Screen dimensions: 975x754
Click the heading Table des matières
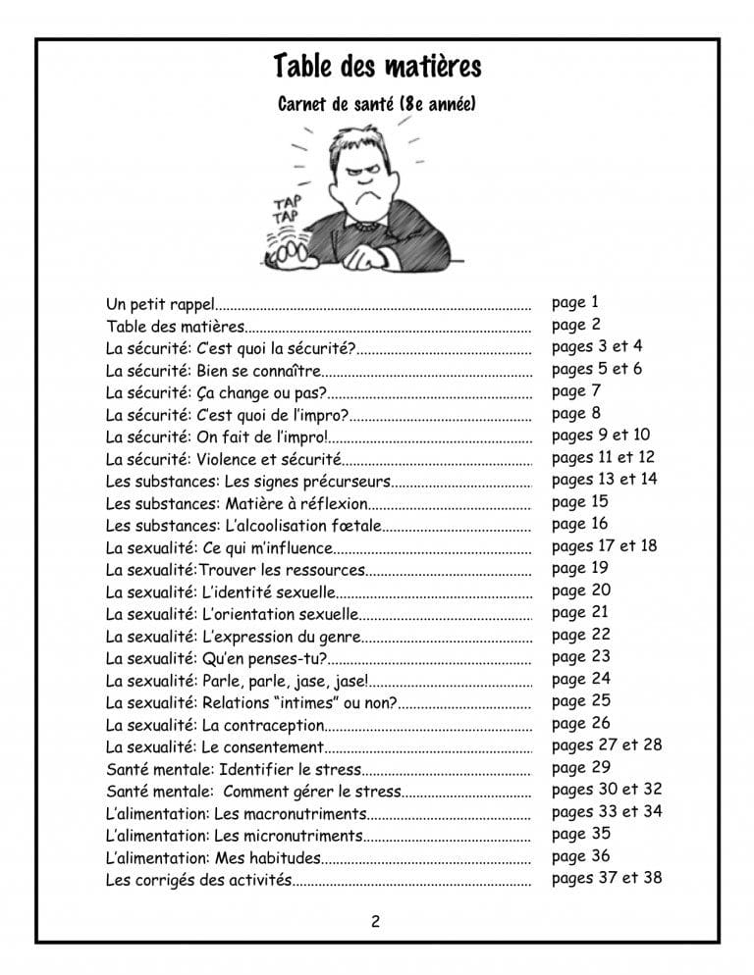point(377,68)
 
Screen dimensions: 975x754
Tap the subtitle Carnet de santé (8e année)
point(377,103)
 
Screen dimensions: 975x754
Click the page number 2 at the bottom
point(376,920)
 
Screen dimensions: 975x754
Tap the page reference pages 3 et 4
point(597,346)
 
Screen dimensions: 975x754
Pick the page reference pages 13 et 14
point(604,479)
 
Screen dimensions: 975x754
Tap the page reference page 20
point(581,590)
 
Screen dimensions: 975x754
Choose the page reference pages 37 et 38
point(606,878)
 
